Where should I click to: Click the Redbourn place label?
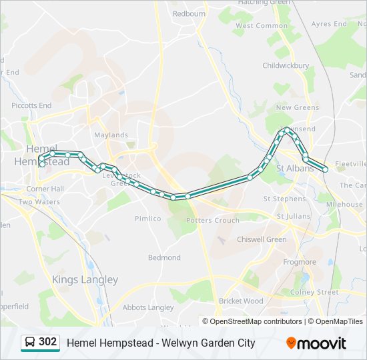pos(189,13)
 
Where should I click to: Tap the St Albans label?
pos(294,168)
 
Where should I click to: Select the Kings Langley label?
pos(85,280)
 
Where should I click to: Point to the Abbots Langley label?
pos(147,307)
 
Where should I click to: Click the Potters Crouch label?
pos(212,220)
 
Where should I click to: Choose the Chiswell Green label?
pos(262,239)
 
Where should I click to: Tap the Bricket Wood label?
pos(241,301)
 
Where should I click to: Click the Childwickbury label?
pos(286,66)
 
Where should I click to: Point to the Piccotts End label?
pos(31,105)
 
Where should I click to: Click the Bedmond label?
pos(164,257)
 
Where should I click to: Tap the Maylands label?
pos(111,135)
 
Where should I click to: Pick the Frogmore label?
pos(300,262)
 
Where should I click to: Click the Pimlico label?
pos(147,218)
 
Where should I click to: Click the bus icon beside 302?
pos(30,343)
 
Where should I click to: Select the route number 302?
pos(47,342)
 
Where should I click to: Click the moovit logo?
pos(316,343)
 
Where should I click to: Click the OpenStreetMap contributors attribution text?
pos(256,321)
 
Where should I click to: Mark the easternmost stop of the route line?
pos(326,169)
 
